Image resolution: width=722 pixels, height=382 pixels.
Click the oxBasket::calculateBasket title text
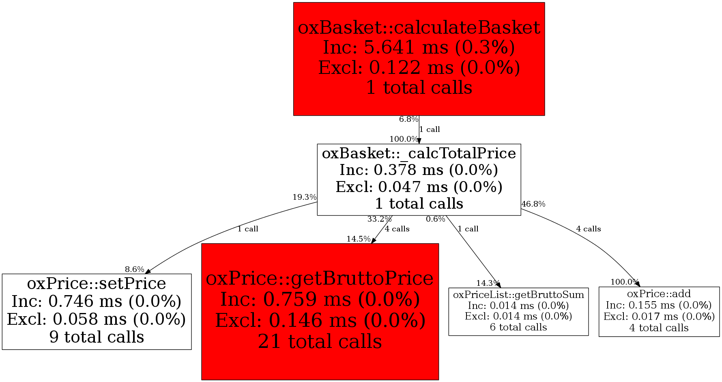pos(419,28)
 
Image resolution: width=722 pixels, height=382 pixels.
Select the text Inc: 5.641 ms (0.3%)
pos(419,47)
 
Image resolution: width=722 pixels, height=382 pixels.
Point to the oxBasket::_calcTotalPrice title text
pos(419,153)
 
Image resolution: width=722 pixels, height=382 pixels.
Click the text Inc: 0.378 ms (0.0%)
pos(419,170)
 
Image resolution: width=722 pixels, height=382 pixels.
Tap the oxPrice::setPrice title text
pos(97,283)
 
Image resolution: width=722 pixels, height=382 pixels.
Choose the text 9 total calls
pos(97,337)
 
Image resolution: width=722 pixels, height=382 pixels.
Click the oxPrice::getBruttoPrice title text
pos(320,278)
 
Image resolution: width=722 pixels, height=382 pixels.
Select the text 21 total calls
pos(320,341)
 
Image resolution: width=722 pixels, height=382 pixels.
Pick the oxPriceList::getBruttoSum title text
pos(518,295)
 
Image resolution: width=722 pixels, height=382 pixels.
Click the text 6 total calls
pos(518,327)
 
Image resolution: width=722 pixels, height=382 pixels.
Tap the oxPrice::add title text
pos(659,294)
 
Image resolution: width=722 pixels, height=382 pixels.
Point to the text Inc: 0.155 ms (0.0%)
pos(659,305)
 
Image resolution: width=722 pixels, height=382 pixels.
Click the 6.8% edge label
pos(408,119)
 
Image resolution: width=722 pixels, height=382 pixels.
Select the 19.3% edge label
pos(304,197)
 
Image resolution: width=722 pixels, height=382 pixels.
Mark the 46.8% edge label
pos(533,204)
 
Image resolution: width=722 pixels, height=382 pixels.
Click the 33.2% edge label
pos(379,219)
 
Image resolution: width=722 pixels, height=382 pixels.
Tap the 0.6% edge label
pos(436,219)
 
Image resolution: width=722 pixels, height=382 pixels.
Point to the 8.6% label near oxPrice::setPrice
pos(134,269)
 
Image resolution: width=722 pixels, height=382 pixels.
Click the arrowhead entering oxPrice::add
pos(637,284)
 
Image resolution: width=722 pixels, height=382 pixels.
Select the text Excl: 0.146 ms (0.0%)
pos(320,320)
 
